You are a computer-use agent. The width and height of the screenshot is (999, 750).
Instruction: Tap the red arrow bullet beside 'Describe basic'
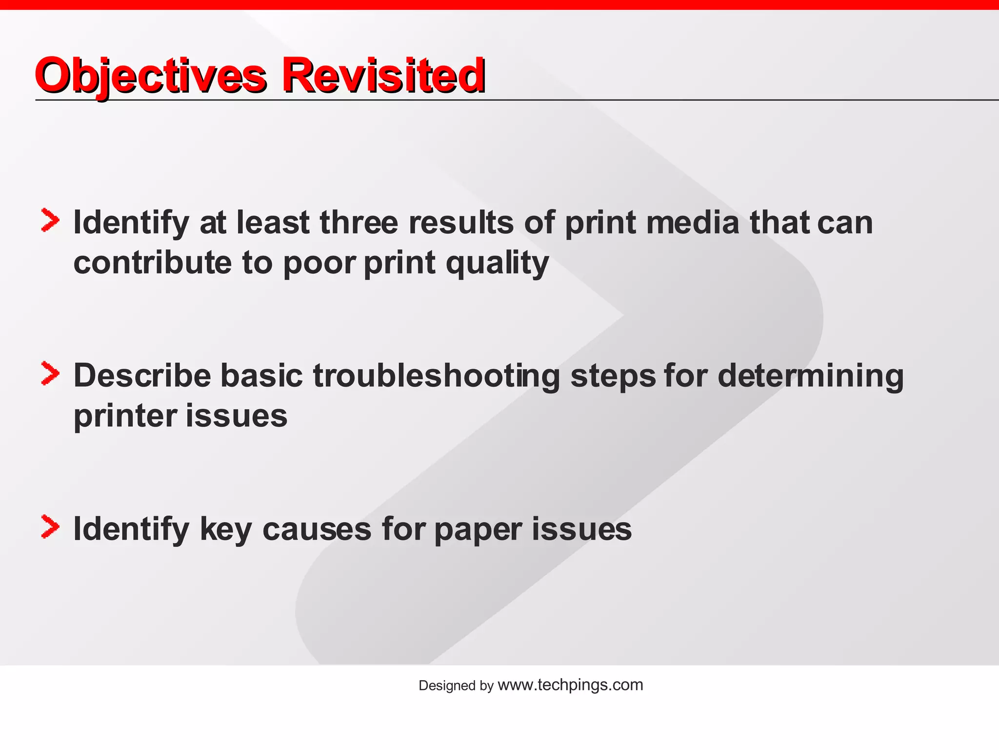click(x=50, y=374)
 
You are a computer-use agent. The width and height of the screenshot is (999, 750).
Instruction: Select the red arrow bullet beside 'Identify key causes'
click(x=50, y=527)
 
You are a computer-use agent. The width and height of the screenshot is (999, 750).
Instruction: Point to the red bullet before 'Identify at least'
click(x=50, y=221)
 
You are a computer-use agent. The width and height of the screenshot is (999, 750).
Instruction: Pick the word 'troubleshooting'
click(x=437, y=376)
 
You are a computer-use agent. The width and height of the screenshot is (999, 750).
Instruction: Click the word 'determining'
click(x=810, y=376)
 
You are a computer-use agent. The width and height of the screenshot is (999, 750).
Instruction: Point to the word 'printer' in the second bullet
click(x=125, y=417)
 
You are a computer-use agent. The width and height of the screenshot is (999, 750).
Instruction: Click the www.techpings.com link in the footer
click(x=570, y=685)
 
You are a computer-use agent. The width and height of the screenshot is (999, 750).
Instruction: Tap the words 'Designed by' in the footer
click(x=456, y=686)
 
